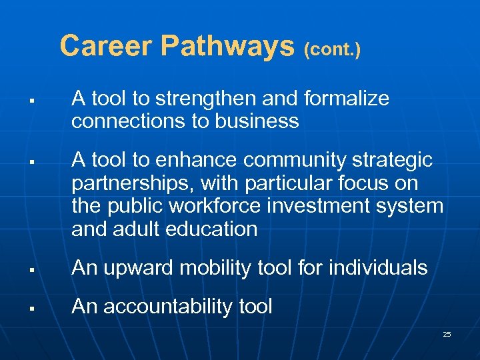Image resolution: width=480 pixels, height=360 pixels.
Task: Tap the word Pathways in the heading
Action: pos(228,47)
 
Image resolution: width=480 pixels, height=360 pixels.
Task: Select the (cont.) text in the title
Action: pos(332,49)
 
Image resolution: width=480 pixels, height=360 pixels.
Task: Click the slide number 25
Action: pos(447,334)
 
